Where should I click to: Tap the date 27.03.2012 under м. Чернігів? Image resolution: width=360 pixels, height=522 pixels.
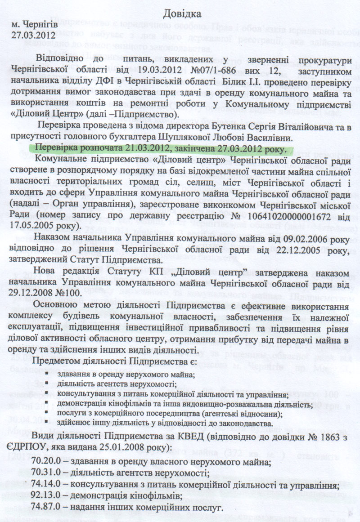tap(34, 34)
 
